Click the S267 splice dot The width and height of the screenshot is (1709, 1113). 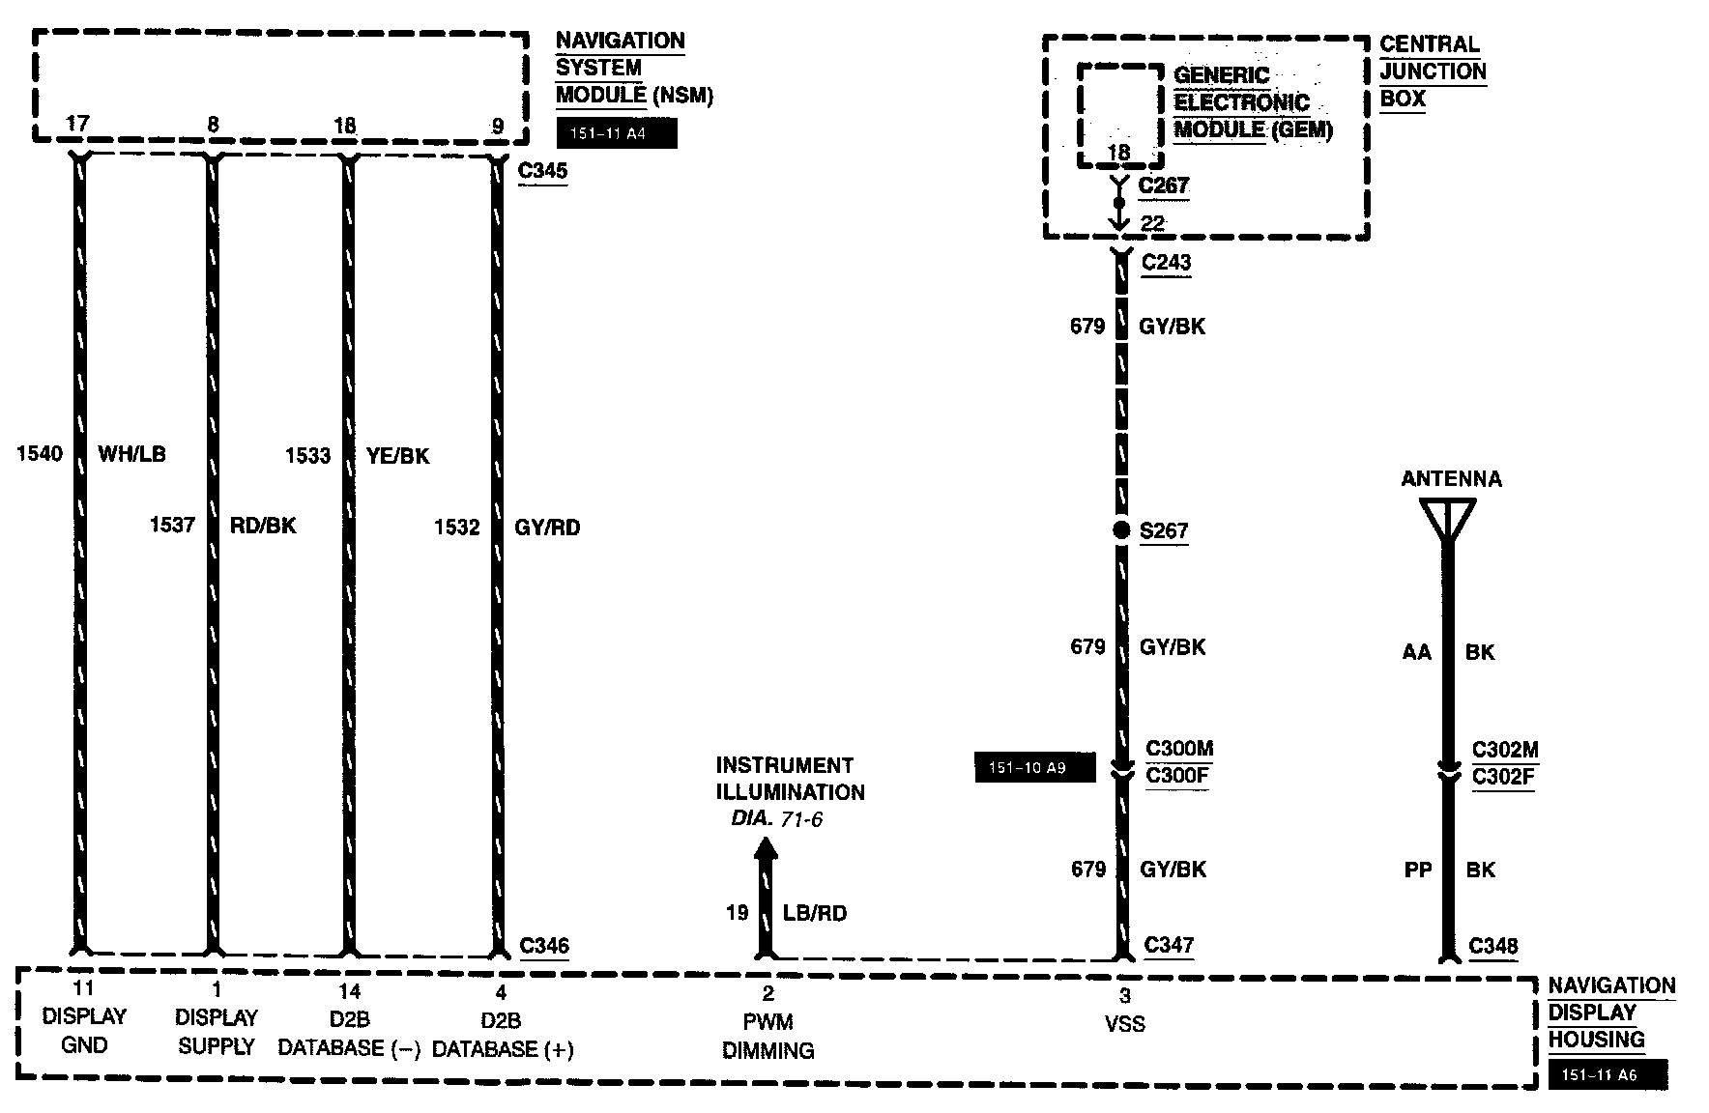1121,529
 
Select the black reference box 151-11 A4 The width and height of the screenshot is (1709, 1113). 617,134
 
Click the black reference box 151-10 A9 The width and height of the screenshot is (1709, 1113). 1034,768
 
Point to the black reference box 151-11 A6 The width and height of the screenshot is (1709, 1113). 1608,1074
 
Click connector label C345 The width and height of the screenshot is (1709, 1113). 542,172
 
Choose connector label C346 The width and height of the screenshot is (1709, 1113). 543,946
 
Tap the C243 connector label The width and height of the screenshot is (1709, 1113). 1166,263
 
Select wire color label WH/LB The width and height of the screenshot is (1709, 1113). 132,454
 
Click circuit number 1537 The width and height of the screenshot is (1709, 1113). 172,525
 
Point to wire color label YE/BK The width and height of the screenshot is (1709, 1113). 398,455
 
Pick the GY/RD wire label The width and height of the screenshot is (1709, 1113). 548,528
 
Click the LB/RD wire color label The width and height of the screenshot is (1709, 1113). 815,913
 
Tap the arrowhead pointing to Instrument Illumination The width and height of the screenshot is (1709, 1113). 766,848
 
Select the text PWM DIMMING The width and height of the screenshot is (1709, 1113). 768,1036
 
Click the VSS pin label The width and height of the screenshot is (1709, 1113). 1124,1024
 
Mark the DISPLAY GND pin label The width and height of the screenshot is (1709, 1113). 84,1031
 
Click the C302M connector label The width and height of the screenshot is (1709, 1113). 1504,750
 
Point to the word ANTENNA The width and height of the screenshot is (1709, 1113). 1451,479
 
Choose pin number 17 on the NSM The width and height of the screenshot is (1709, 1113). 77,124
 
